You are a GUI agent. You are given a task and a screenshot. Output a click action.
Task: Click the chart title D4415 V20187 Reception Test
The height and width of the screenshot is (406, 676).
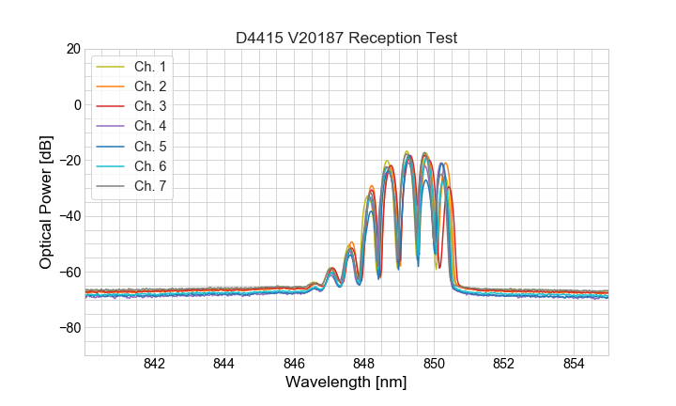(x=346, y=38)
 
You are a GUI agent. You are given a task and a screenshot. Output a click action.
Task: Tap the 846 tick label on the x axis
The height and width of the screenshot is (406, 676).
(x=294, y=365)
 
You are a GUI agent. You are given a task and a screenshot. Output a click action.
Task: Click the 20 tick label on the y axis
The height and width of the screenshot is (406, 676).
(x=71, y=49)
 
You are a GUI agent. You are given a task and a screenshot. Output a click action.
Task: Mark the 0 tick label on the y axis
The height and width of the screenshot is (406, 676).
(x=77, y=104)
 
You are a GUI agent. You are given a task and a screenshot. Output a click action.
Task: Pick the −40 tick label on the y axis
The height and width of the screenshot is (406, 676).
(x=68, y=216)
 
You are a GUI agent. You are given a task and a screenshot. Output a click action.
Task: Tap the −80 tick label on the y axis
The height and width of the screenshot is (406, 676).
(x=68, y=328)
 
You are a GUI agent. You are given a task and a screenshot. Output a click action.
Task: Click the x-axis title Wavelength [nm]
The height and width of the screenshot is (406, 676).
(x=346, y=383)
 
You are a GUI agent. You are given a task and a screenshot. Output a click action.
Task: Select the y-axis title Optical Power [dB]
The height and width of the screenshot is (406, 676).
(x=45, y=201)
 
